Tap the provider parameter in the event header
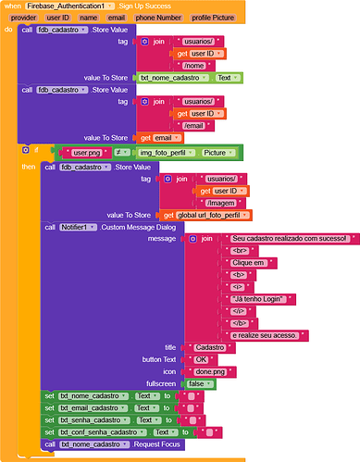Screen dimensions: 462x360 (x=24, y=18)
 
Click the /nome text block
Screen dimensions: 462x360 (x=194, y=65)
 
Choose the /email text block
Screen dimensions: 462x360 (x=194, y=125)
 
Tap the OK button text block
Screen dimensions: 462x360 (x=199, y=358)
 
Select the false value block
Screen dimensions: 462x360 (x=195, y=382)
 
